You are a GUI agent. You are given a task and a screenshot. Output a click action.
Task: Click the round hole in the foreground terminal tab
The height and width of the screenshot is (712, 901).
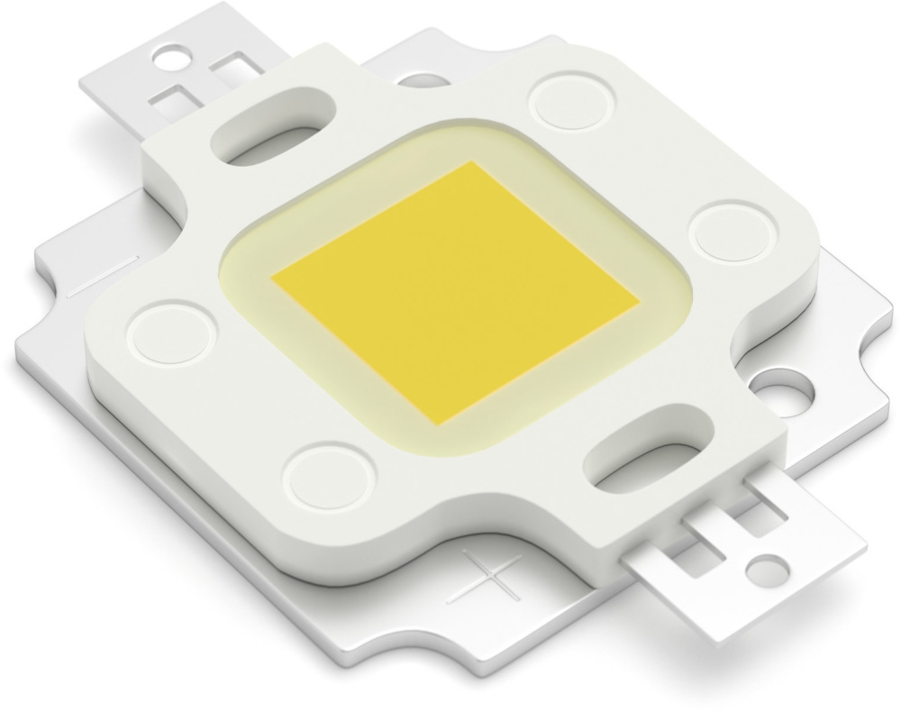click(x=764, y=569)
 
